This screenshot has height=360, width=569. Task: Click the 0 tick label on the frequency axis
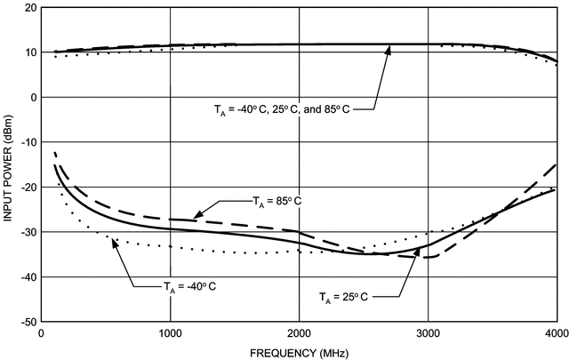tap(42, 333)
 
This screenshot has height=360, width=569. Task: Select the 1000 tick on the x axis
tap(170, 333)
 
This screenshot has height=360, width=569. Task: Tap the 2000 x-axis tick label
tap(299, 333)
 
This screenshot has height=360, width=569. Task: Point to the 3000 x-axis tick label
tap(428, 333)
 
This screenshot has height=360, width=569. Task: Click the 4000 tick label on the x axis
tap(556, 333)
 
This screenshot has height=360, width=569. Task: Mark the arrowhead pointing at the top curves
tap(388, 49)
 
